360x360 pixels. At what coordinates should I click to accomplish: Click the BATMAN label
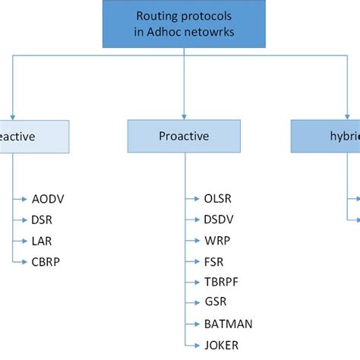[x=229, y=324]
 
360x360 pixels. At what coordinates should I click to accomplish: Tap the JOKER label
[x=222, y=344]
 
